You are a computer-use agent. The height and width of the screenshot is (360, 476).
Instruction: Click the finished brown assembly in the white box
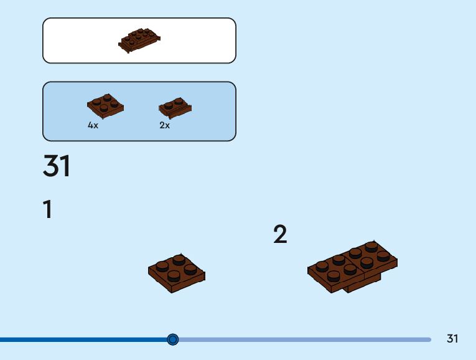click(x=139, y=40)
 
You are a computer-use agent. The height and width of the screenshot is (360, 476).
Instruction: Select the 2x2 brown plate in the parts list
click(x=105, y=106)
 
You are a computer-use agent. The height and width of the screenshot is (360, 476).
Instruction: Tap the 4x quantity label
click(x=93, y=125)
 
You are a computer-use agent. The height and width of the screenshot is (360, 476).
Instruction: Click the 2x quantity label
click(x=164, y=125)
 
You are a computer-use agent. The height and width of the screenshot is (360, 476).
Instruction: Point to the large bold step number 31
click(x=57, y=166)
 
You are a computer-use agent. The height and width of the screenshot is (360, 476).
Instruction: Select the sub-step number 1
click(x=47, y=210)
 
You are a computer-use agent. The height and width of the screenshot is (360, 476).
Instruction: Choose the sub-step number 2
click(x=280, y=235)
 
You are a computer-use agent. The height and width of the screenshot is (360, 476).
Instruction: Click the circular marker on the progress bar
click(x=173, y=339)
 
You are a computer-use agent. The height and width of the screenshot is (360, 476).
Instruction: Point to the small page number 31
click(x=452, y=339)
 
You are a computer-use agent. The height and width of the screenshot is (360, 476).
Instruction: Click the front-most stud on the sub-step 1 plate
click(x=175, y=275)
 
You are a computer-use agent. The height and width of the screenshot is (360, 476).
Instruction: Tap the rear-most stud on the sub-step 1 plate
click(x=179, y=258)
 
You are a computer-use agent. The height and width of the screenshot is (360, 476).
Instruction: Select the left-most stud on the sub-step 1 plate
click(x=162, y=267)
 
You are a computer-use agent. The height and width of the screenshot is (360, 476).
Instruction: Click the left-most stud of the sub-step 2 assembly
click(x=322, y=266)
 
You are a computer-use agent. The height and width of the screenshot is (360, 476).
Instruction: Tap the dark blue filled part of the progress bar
click(x=81, y=339)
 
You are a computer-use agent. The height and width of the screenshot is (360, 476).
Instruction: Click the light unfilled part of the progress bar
click(x=305, y=339)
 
